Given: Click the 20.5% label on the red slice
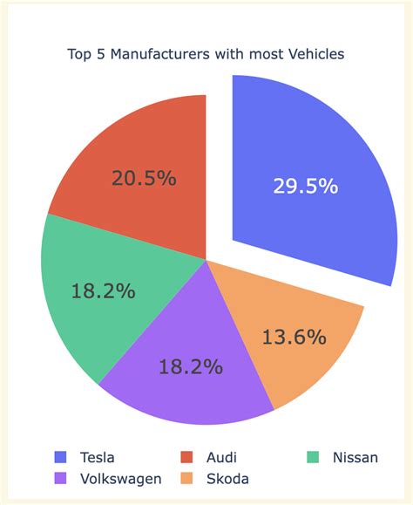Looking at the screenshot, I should tap(144, 179).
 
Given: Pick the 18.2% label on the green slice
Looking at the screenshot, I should tap(102, 291).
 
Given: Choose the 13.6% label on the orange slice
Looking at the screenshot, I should tap(294, 337).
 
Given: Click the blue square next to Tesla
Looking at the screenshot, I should tap(60, 457).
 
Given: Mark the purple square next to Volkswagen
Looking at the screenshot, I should tap(60, 478).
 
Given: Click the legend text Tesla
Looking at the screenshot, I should tap(97, 457).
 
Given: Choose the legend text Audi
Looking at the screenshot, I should tap(221, 457).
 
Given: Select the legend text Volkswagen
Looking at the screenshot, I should tap(119, 478).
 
